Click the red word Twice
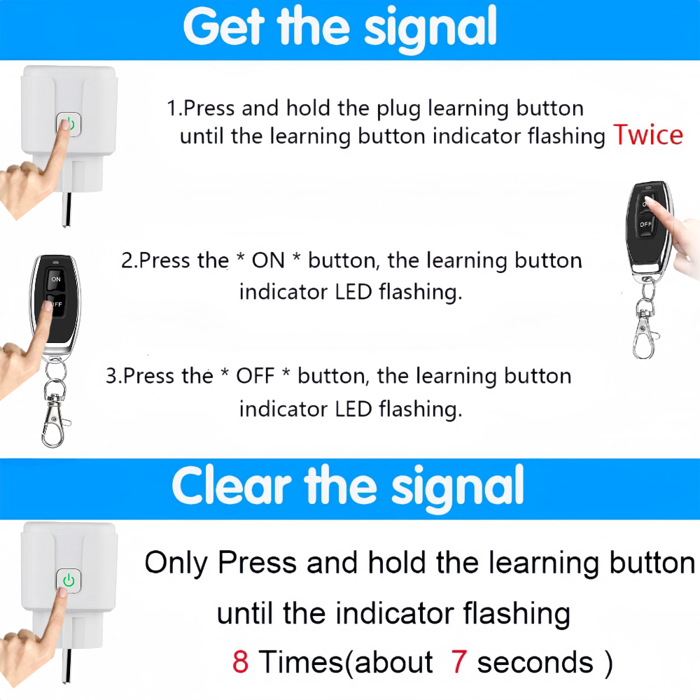tap(647, 134)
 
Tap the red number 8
tap(240, 661)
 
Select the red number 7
tap(459, 661)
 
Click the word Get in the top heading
tap(224, 27)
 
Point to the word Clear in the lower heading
tap(231, 486)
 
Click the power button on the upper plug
tap(69, 124)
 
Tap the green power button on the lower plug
tap(69, 581)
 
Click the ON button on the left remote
tap(56, 279)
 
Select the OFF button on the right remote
tap(645, 224)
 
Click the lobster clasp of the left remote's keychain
tap(54, 422)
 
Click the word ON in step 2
tap(268, 260)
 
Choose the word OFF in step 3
tap(255, 376)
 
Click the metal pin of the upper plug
tap(67, 209)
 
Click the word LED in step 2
tap(353, 292)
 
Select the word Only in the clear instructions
tap(176, 563)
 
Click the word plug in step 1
tap(399, 109)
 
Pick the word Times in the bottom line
tap(301, 661)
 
